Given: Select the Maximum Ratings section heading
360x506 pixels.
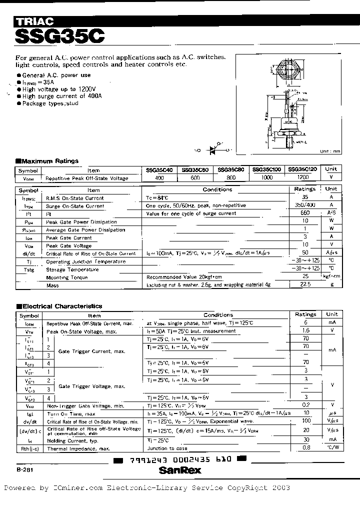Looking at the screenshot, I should (46, 161).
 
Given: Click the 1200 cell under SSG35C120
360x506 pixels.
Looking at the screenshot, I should (303, 178).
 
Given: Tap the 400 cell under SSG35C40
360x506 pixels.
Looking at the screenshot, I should (159, 178).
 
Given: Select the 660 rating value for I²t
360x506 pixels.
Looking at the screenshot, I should (305, 213).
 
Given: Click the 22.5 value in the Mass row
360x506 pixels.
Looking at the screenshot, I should (305, 285).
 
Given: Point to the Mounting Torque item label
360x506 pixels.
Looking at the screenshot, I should (66, 277).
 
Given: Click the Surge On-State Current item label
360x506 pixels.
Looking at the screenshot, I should (74, 206).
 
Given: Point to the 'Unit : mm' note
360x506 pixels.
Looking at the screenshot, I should (330, 151).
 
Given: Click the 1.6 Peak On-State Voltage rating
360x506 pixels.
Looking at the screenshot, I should (305, 330).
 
